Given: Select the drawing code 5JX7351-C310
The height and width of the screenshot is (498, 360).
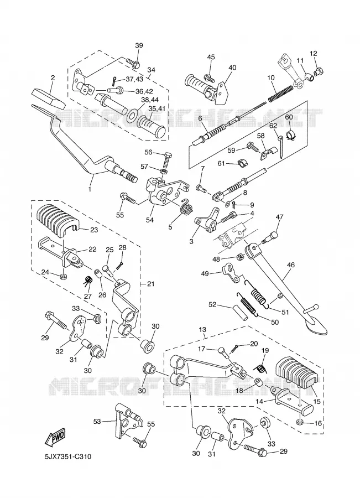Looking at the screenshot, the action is [67, 456].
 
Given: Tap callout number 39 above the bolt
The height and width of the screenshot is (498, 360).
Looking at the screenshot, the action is [139, 45].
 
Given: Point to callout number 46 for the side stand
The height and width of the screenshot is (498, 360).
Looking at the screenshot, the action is [290, 264].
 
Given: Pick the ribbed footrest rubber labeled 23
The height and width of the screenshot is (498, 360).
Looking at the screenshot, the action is [58, 219].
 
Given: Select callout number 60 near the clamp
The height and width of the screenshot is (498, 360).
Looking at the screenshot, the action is [289, 117].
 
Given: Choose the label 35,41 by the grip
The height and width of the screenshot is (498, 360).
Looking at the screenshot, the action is [156, 108].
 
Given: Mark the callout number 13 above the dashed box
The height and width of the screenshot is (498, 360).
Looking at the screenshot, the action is [202, 329].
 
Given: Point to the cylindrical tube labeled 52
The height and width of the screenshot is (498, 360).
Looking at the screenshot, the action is [241, 312].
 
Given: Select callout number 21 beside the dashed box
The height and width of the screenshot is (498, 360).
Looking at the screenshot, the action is [150, 284].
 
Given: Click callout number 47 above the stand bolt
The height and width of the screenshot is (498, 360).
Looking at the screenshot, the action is [279, 217].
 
